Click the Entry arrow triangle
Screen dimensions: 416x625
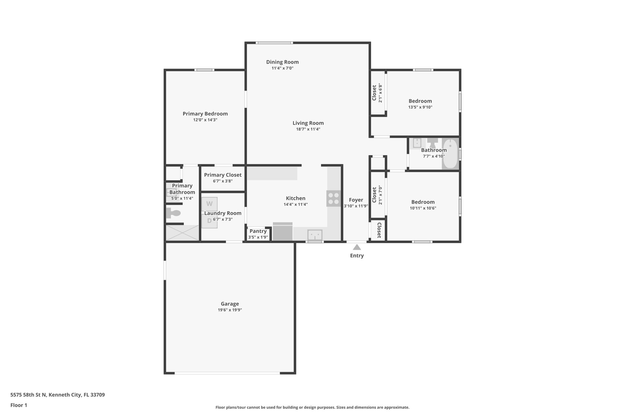coord(357,247)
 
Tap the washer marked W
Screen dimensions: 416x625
coord(209,204)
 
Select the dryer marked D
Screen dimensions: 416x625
coord(209,221)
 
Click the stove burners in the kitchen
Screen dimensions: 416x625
coord(334,198)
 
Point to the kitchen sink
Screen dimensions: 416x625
coord(315,235)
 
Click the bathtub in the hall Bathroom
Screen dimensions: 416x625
coord(450,154)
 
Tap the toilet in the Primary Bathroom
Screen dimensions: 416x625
coord(173,213)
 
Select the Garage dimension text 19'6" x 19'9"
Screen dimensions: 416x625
coord(230,310)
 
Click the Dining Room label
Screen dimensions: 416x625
coord(282,62)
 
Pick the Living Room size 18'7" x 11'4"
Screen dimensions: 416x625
coord(308,129)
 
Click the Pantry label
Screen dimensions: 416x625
coord(258,231)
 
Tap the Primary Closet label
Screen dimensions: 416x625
coord(223,175)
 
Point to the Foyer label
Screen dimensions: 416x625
coord(356,200)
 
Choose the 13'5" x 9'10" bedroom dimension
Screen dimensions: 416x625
coord(420,107)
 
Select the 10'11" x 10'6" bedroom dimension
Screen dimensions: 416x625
coord(423,208)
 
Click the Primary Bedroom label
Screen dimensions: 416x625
coord(205,114)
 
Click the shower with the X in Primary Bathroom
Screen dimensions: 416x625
coord(182,233)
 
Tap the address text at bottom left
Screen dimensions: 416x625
coord(57,395)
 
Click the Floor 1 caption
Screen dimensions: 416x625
coord(19,405)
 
